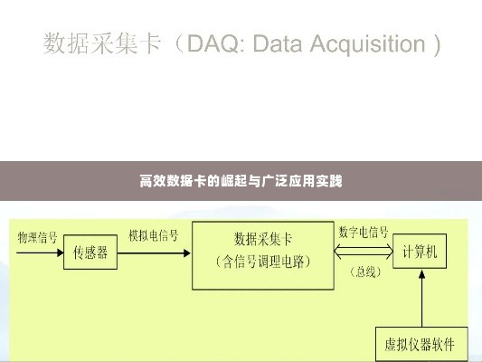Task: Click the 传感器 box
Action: (x=90, y=252)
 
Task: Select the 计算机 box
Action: (x=420, y=251)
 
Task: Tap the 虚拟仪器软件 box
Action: (x=421, y=344)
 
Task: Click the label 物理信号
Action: (x=37, y=238)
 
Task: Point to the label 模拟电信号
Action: (x=154, y=235)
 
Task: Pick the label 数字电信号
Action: (x=364, y=232)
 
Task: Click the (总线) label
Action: (x=366, y=271)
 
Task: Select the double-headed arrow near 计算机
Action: (x=364, y=252)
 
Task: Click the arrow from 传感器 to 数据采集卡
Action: (x=154, y=253)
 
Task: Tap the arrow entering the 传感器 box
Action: (x=40, y=252)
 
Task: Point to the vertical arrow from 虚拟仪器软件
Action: (x=422, y=298)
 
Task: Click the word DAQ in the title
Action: (x=213, y=43)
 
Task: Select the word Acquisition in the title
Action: (x=368, y=44)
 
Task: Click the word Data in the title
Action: (x=278, y=43)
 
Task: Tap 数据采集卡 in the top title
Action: (x=102, y=43)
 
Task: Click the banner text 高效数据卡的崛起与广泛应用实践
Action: (x=241, y=181)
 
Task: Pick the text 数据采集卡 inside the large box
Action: (x=263, y=239)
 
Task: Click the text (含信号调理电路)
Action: (x=263, y=262)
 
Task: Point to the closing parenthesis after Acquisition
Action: (x=437, y=45)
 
